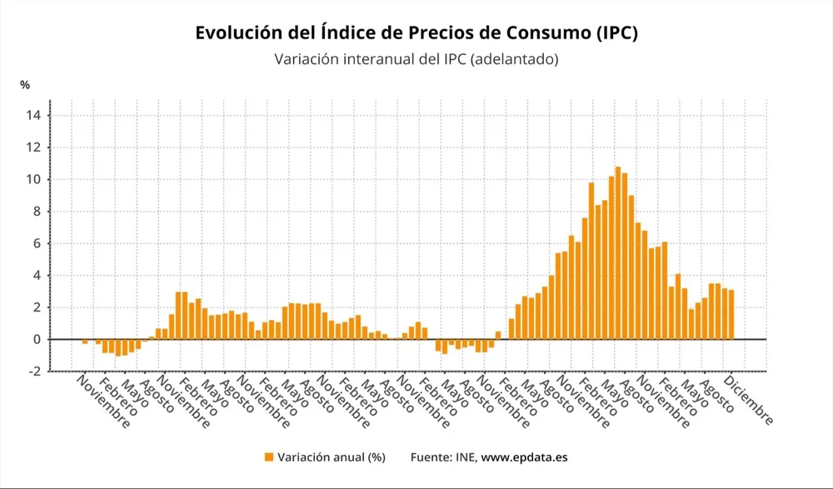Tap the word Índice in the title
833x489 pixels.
(x=351, y=32)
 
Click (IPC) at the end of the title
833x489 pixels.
(x=617, y=32)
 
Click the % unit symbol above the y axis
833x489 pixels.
(x=25, y=85)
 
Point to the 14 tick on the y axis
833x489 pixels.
(x=33, y=116)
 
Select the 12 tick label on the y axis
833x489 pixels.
(x=33, y=147)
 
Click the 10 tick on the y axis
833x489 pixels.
(x=33, y=180)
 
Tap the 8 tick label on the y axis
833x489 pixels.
(x=37, y=212)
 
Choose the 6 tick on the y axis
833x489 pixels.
(x=37, y=243)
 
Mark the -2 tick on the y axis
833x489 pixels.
(x=34, y=372)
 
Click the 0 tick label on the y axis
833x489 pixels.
(x=37, y=340)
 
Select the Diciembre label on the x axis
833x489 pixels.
(x=749, y=401)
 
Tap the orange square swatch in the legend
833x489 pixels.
(x=268, y=457)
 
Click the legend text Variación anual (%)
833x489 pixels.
(x=331, y=457)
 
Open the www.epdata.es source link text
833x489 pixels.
(x=524, y=457)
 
